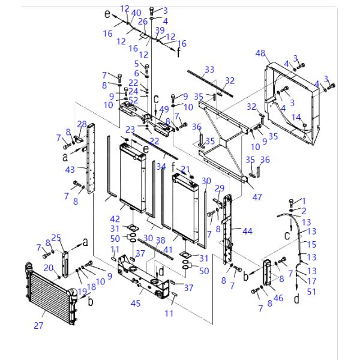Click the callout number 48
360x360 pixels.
[x=260, y=53]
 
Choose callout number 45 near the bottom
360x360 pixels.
[x=136, y=303]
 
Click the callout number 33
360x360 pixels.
[x=209, y=70]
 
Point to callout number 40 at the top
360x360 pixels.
[x=136, y=13]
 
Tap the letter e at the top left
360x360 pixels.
[x=108, y=13]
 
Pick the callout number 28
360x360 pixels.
[x=82, y=124]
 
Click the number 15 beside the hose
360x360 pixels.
[x=311, y=244]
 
